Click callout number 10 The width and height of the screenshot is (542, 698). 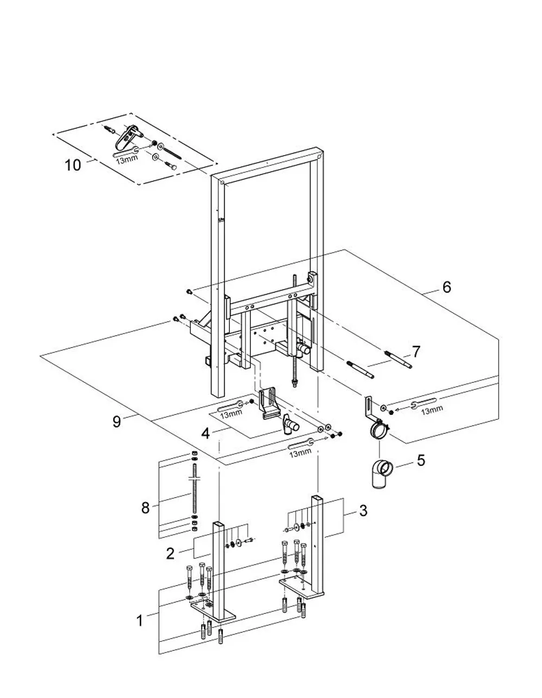coord(73,165)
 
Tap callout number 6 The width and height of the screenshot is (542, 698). coord(447,287)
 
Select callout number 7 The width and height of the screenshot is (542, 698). coord(416,352)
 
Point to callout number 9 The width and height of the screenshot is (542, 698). coord(117,421)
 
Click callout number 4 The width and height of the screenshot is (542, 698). coord(205,433)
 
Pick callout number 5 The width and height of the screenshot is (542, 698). coord(421,460)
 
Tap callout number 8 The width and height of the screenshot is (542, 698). coord(145,508)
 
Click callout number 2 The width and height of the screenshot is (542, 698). coord(170,553)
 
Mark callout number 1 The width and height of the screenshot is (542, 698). coord(140,612)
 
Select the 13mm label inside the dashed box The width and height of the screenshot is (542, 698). coord(127,158)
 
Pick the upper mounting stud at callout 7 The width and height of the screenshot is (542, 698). coord(398,360)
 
